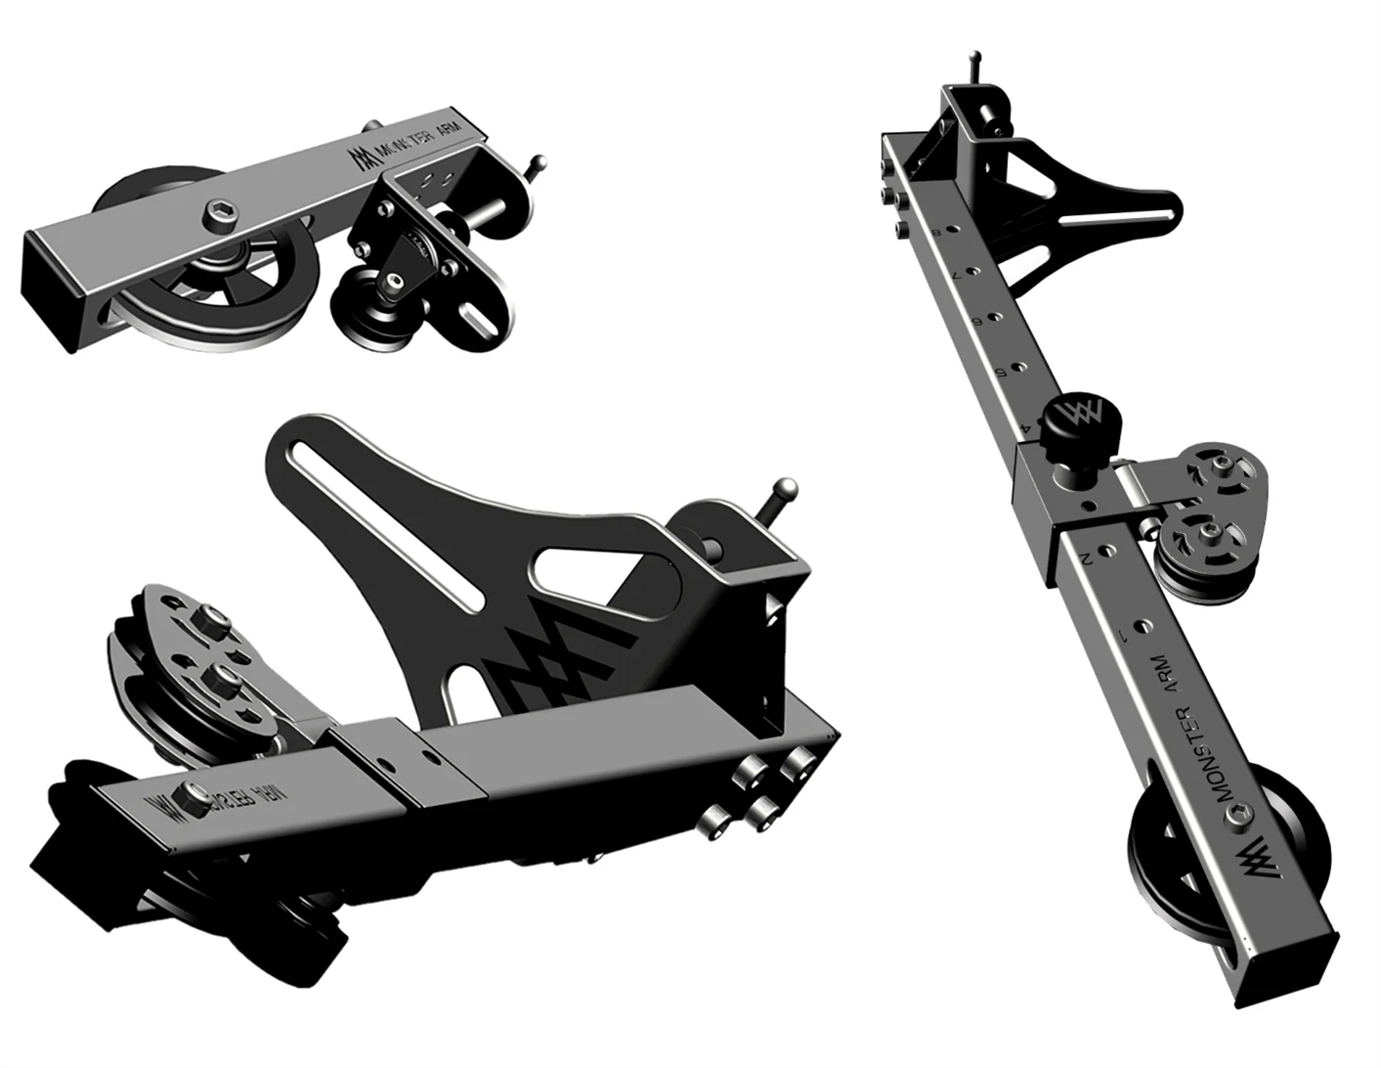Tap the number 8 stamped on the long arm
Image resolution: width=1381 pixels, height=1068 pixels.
[x=936, y=232]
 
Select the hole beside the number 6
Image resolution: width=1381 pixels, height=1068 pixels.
[x=994, y=318]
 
